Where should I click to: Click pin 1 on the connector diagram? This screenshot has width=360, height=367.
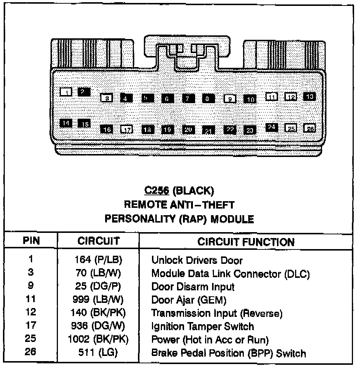pyautogui.click(x=66, y=92)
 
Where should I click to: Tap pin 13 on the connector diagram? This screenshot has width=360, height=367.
pyautogui.click(x=309, y=96)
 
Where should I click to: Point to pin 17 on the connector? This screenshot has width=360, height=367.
pyautogui.click(x=126, y=129)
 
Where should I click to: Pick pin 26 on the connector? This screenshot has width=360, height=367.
pyautogui.click(x=309, y=128)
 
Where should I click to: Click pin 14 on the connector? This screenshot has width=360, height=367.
pyautogui.click(x=66, y=123)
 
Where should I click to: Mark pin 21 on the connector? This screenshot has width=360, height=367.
pyautogui.click(x=208, y=130)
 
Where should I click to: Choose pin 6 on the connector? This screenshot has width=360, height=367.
pyautogui.click(x=167, y=98)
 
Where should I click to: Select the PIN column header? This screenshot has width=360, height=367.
pyautogui.click(x=31, y=241)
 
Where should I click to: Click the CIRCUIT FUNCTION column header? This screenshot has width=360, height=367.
pyautogui.click(x=246, y=242)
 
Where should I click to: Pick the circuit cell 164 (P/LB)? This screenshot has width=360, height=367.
pyautogui.click(x=98, y=260)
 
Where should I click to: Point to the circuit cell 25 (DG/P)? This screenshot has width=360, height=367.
pyautogui.click(x=98, y=286)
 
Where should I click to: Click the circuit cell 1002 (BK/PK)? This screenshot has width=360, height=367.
pyautogui.click(x=98, y=340)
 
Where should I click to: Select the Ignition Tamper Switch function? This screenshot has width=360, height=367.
pyautogui.click(x=202, y=326)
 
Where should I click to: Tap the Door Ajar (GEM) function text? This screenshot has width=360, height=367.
pyautogui.click(x=188, y=300)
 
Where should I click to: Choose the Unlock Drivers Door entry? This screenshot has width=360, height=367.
pyautogui.click(x=197, y=261)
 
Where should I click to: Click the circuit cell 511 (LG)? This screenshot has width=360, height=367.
pyautogui.click(x=98, y=353)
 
